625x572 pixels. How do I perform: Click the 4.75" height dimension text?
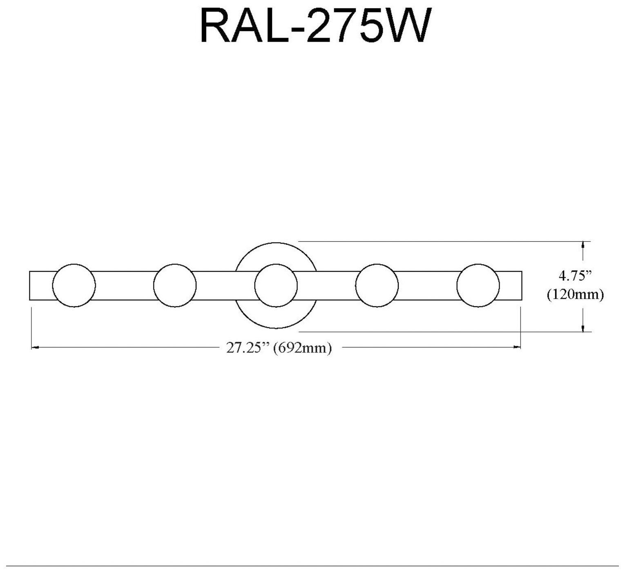coord(575,276)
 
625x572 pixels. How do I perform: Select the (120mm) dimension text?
coord(575,295)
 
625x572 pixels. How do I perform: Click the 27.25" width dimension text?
coord(248,348)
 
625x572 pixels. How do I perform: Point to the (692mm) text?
coord(302,348)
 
